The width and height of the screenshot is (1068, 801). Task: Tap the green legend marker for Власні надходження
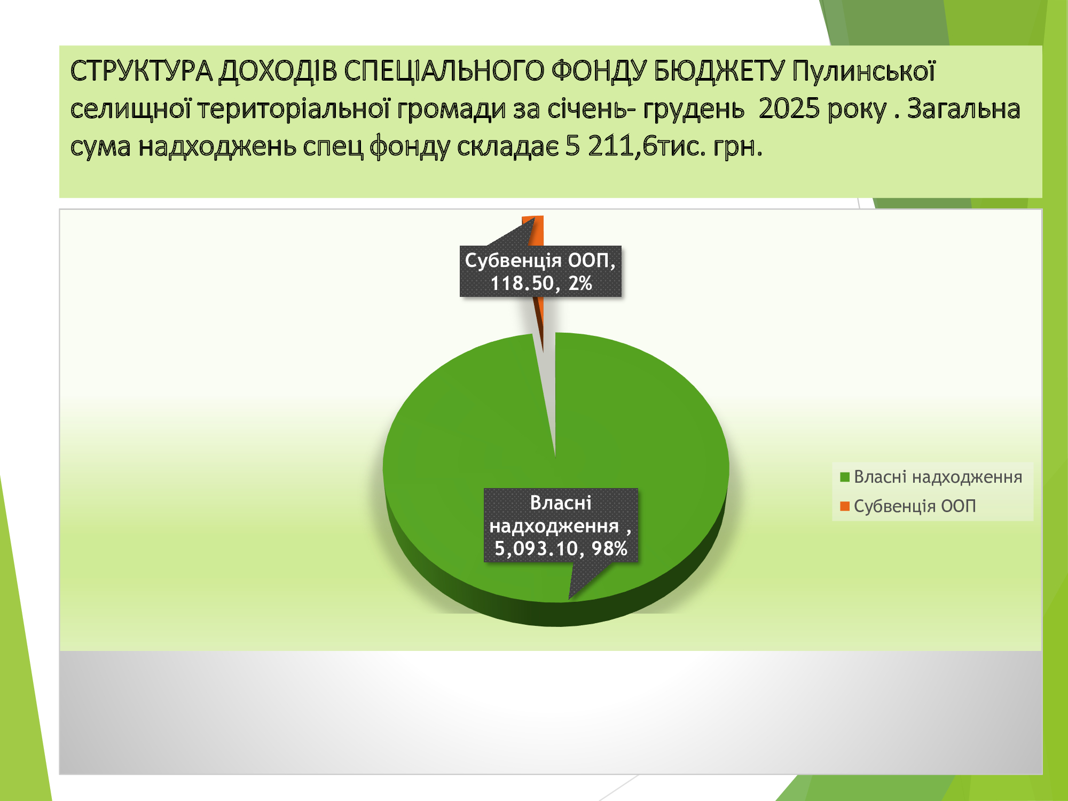(845, 477)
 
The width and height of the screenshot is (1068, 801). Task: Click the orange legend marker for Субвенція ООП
(845, 506)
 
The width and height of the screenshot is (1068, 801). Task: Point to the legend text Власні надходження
(938, 477)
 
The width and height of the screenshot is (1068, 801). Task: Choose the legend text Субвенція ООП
(915, 506)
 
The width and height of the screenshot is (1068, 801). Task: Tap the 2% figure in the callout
(580, 283)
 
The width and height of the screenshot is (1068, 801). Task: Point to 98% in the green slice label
(609, 548)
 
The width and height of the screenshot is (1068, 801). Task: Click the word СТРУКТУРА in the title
(142, 71)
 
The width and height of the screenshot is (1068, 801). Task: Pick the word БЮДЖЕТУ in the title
(719, 71)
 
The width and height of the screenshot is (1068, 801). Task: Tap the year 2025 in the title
(789, 108)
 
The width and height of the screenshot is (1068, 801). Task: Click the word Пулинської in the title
(863, 71)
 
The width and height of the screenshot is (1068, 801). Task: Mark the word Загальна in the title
(964, 108)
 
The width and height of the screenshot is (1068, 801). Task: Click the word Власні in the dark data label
(561, 503)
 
